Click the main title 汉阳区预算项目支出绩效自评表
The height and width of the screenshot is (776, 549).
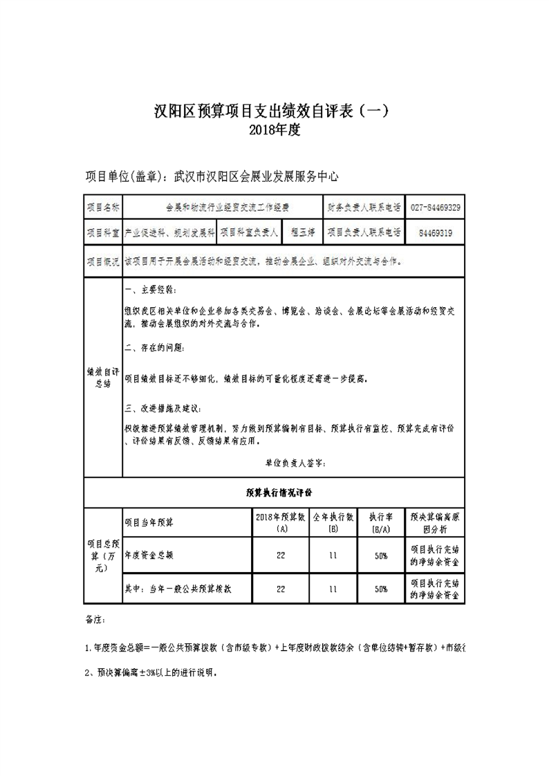(274, 111)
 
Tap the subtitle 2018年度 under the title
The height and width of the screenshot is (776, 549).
(274, 129)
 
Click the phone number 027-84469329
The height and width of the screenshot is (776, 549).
(436, 207)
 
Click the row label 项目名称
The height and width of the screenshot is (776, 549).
(102, 207)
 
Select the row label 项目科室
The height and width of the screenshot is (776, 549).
(102, 234)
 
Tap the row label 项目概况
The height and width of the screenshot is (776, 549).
(102, 262)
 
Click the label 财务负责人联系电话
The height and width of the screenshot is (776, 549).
(364, 207)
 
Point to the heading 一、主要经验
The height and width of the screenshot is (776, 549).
(146, 288)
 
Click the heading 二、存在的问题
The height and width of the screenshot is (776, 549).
(155, 347)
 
